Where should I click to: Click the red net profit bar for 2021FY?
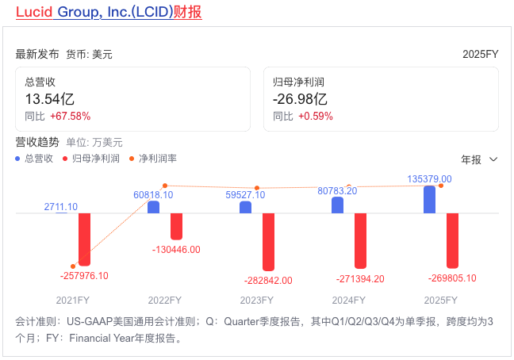84,239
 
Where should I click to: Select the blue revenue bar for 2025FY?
429,199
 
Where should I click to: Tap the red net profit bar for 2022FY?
176,226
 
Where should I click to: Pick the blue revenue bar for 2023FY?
245,207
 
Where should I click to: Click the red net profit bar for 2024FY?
360,241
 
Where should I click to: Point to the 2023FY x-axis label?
256,301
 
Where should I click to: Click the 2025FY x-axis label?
441,301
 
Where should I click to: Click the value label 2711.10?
60,207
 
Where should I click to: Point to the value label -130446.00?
177,250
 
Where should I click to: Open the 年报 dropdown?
479,159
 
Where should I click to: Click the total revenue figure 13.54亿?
50,99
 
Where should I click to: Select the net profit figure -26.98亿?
300,99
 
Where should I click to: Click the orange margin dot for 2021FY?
73,266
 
